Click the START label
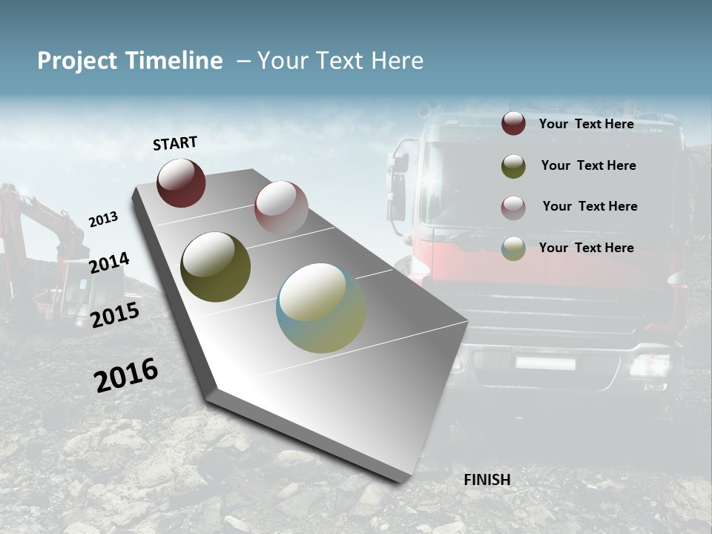coord(175,143)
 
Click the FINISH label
coord(487,480)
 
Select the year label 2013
coord(103,220)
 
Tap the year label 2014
coord(109,263)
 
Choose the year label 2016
coord(126,375)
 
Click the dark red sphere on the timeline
coord(181,182)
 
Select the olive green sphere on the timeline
coord(216,267)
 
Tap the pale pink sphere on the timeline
coord(281,207)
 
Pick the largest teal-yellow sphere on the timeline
coord(321,308)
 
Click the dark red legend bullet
coord(513,123)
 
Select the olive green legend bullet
coord(513,166)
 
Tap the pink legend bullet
coord(513,208)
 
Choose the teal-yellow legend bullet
coord(513,248)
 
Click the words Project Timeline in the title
coord(130,61)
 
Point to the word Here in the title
coord(397,61)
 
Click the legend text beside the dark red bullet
coord(586,124)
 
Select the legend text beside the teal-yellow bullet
coord(586,248)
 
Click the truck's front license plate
coord(545,363)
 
